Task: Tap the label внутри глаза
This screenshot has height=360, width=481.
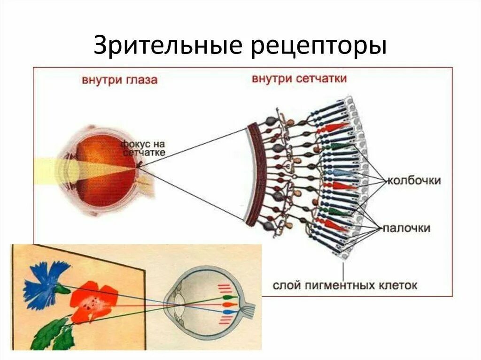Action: tap(119, 80)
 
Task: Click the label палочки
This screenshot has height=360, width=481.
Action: tap(407, 228)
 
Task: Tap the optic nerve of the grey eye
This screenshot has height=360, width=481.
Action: tap(248, 309)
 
